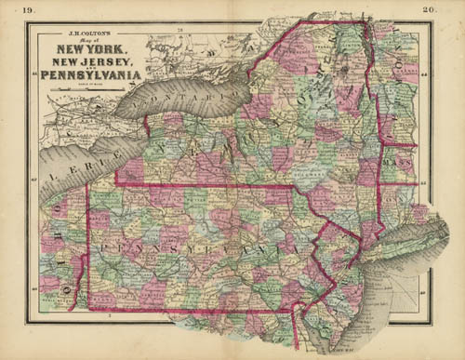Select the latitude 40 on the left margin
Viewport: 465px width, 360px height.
coord(35,290)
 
